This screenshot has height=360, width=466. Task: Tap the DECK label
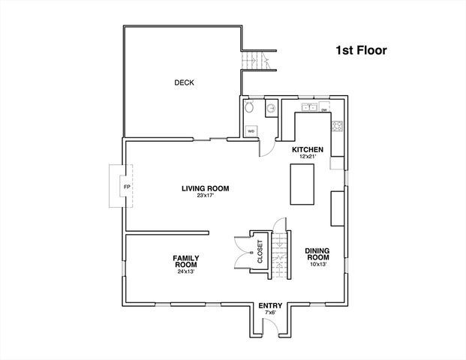(184, 82)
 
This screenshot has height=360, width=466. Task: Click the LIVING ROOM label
(205, 188)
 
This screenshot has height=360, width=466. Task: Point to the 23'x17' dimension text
(205, 196)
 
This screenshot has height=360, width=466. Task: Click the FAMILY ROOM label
(185, 261)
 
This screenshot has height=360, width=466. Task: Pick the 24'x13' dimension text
(185, 271)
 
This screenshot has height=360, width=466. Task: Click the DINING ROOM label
(318, 254)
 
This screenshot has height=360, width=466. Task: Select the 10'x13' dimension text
(318, 265)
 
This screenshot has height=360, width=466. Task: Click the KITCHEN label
(307, 150)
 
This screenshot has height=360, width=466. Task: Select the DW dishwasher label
(324, 110)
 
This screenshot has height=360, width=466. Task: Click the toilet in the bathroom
(251, 109)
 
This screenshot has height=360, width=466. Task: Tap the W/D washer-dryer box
(251, 130)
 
